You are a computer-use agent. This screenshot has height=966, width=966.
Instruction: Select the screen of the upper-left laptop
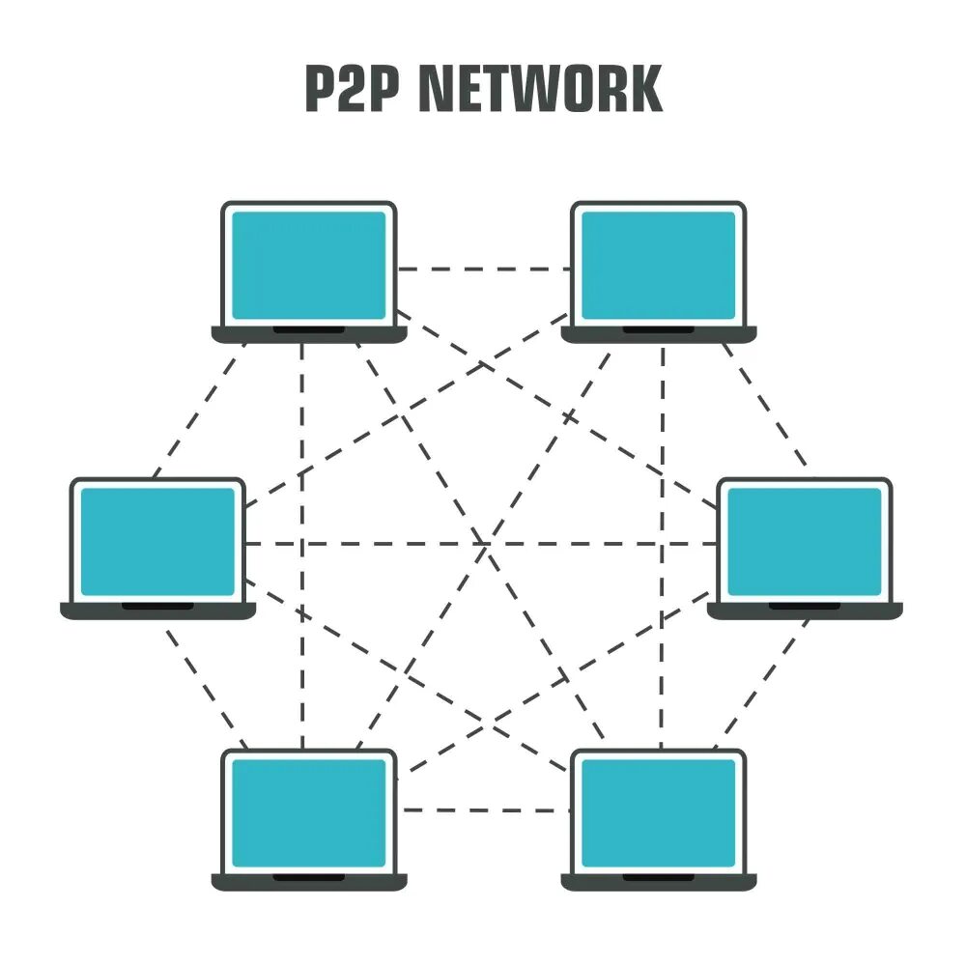pyautogui.click(x=309, y=265)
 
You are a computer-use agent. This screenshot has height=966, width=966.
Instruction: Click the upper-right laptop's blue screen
pyautogui.click(x=659, y=265)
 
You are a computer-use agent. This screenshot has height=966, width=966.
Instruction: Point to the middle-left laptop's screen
pyautogui.click(x=157, y=541)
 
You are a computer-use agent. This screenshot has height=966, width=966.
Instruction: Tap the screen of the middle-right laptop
pyautogui.click(x=805, y=541)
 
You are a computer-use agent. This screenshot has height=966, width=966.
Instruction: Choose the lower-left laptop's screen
pyautogui.click(x=309, y=811)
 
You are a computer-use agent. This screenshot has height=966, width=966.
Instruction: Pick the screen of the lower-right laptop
pyautogui.click(x=659, y=811)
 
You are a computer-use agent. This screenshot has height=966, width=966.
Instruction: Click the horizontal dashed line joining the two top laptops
pyautogui.click(x=483, y=270)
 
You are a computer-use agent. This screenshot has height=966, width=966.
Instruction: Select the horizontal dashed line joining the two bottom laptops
pyautogui.click(x=483, y=810)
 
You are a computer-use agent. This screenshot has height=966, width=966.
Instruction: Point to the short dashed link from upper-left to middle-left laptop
pyautogui.click(x=198, y=411)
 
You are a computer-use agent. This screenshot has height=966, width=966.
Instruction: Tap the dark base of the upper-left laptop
pyautogui.click(x=309, y=334)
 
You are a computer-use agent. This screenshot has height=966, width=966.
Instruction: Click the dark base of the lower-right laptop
pyautogui.click(x=659, y=881)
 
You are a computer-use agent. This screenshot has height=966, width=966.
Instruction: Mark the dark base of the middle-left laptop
pyautogui.click(x=157, y=611)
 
